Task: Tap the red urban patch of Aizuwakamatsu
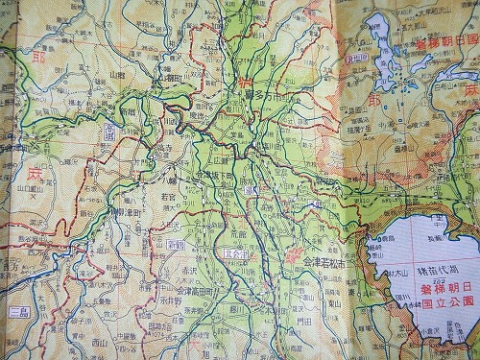tap(292, 257)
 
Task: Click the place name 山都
tap(117, 74)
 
